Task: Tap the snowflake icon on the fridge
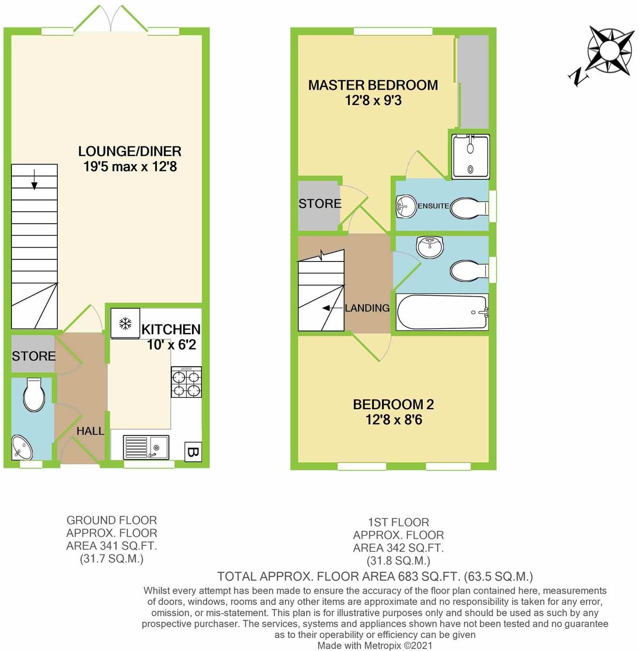125,323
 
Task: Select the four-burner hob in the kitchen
186,382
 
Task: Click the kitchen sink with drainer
146,447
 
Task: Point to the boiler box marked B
193,451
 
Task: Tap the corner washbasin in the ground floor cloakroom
22,447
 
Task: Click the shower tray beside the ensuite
470,156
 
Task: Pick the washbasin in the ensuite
406,207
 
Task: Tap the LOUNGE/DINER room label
130,151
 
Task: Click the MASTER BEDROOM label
373,85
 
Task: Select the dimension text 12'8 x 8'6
394,420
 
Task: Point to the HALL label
90,431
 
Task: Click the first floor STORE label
320,204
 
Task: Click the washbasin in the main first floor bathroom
430,247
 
